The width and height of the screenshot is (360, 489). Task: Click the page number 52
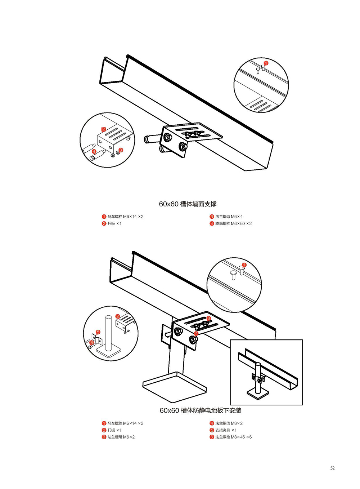point(332,468)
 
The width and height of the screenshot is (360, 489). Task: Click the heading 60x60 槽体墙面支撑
point(188,204)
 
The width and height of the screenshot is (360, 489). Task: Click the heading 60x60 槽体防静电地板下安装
point(200,410)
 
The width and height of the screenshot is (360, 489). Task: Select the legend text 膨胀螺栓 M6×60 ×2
point(233,223)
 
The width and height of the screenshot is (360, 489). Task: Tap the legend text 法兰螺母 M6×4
point(229,217)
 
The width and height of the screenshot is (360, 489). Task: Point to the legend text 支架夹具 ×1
point(226,430)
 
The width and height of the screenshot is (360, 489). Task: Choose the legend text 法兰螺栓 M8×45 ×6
point(233,437)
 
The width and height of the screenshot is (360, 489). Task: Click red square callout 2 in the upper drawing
point(104,129)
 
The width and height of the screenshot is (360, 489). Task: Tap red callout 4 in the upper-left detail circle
point(94,152)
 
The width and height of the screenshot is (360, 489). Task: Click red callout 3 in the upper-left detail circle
point(121,150)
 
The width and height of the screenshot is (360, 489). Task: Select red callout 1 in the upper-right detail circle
point(266,63)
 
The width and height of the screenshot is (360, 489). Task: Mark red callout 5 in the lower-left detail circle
point(98,332)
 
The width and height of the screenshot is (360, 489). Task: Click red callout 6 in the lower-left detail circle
point(92,343)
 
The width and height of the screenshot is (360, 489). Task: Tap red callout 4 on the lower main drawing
point(196,334)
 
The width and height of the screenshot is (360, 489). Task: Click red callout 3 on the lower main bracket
point(209,319)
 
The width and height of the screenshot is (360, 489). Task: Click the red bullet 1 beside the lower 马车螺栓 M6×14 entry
point(104,423)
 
